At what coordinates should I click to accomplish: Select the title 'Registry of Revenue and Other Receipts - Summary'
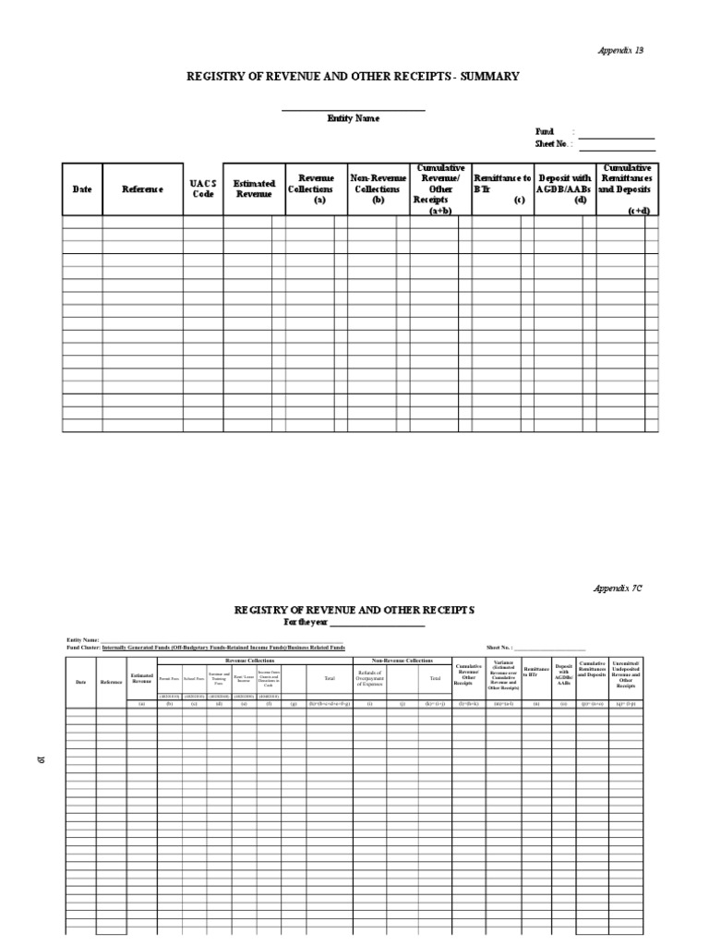(354, 77)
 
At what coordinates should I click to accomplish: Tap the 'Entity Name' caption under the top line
(353, 118)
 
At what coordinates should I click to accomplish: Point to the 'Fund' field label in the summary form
(545, 132)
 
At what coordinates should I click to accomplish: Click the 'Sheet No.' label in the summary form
(552, 144)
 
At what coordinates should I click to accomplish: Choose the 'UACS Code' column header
(203, 188)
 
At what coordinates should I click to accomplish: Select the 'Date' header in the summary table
(82, 189)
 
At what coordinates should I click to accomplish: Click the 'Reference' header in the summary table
(142, 189)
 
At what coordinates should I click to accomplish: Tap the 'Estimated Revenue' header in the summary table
(254, 189)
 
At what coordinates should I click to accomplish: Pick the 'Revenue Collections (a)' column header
(316, 188)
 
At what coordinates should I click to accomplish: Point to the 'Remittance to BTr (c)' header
(501, 188)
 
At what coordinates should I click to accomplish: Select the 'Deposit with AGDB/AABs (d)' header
(564, 188)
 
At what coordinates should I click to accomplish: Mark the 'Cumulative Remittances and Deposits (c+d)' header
(626, 188)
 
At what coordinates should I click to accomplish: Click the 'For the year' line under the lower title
(354, 623)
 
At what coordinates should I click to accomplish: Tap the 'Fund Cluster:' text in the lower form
(83, 648)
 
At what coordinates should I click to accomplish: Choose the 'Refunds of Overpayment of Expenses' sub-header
(369, 678)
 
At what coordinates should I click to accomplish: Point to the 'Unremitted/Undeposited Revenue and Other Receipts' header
(626, 675)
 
